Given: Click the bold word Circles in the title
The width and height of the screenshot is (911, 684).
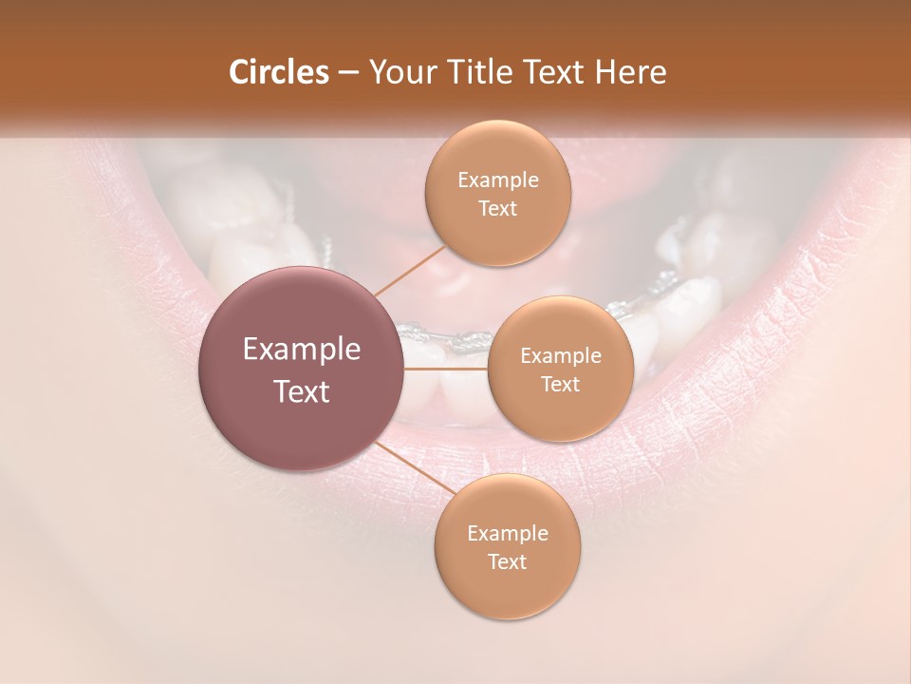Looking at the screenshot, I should pos(278,71).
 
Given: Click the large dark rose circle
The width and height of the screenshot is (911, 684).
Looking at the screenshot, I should pos(302,418).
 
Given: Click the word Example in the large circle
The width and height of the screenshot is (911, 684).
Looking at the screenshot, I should pos(302,350).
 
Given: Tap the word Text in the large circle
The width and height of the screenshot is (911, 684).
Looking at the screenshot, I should pos(302,391).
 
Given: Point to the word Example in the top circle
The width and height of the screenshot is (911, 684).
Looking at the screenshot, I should pos(498,180).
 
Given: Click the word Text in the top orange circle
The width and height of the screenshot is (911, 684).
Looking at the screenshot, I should pos(498,208).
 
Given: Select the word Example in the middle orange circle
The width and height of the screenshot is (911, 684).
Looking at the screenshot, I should pos(561,356).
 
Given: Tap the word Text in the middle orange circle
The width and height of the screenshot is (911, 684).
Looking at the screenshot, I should pos(561,384).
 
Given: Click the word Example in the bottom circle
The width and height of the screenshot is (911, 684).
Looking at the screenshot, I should pos(507,533).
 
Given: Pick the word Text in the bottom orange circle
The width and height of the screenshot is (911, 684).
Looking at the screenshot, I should pos(507,561).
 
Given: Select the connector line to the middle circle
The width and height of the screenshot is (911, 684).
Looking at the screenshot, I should pos(446,369).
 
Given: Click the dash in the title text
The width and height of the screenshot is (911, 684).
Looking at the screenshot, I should pos(347,72).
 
